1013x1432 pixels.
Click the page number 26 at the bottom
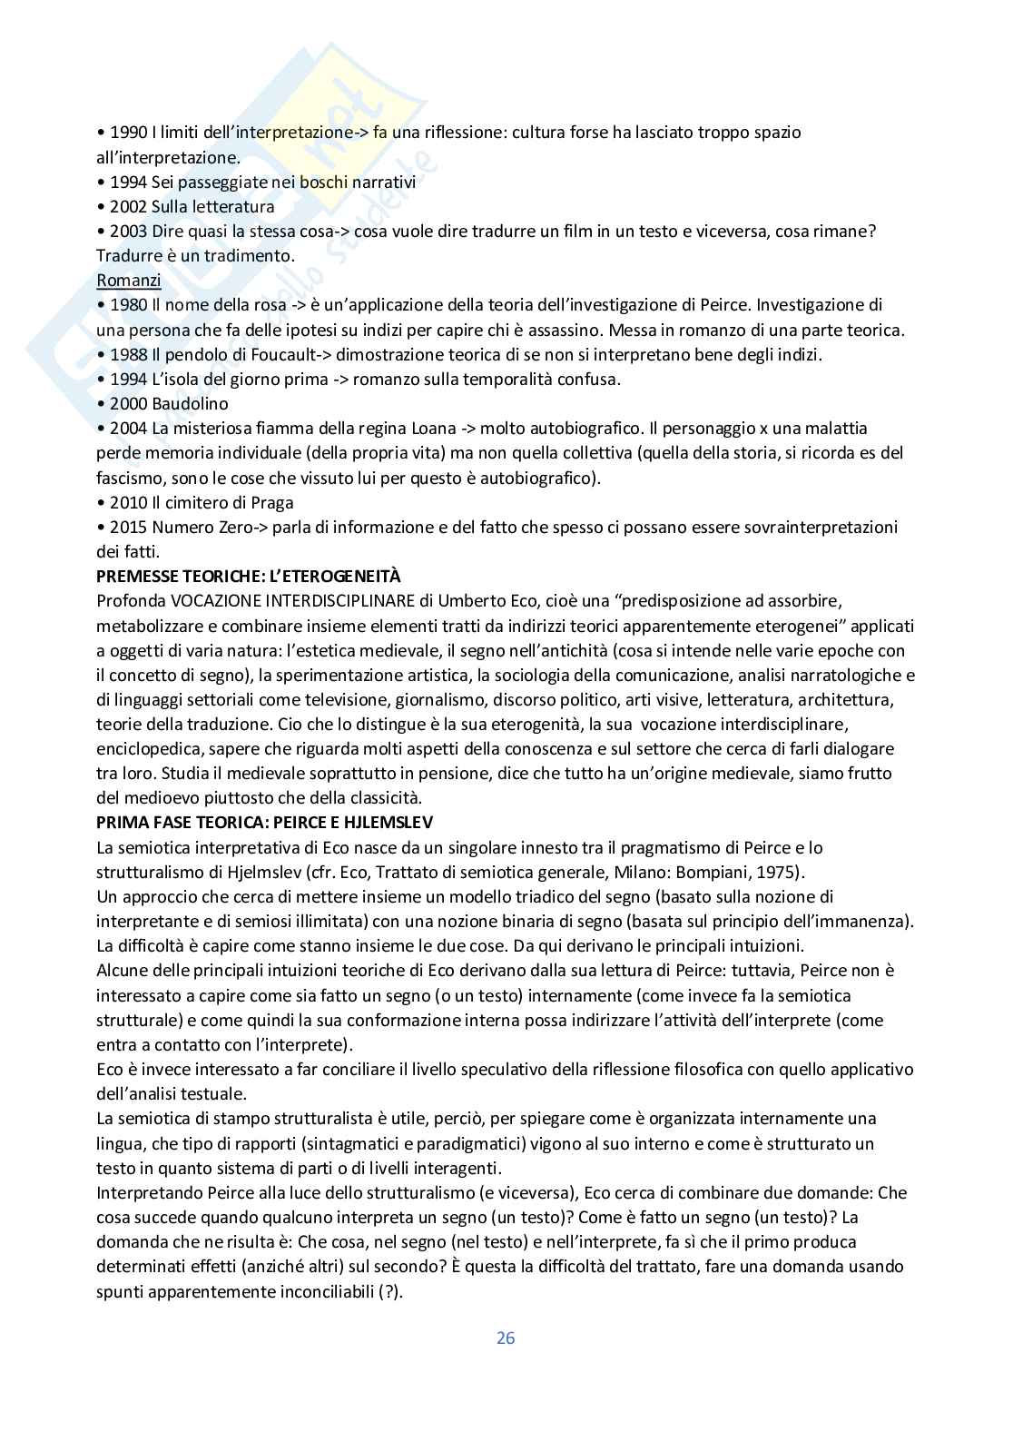(x=506, y=1338)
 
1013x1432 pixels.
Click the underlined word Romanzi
(x=128, y=281)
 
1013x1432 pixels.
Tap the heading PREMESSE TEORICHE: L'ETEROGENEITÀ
(x=249, y=577)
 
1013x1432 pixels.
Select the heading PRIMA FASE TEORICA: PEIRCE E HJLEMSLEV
(x=265, y=823)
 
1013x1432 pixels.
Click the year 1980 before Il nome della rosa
(x=128, y=305)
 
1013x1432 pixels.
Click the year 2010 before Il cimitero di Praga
(x=128, y=502)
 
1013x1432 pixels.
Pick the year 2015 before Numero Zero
(x=128, y=527)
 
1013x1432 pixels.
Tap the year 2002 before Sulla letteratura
(x=128, y=206)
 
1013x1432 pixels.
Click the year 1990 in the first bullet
(x=128, y=133)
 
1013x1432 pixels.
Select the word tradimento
(x=246, y=256)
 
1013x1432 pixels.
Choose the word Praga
(x=270, y=502)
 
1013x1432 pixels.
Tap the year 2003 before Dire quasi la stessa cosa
(x=128, y=232)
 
